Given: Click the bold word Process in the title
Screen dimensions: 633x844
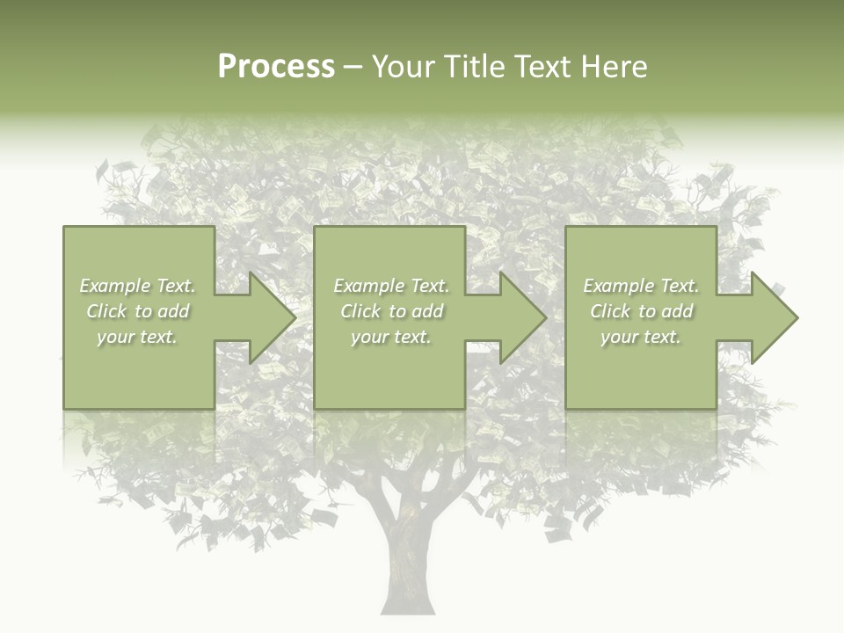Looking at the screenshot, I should [x=276, y=67].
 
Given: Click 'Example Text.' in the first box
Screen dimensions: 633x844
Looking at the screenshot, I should [x=137, y=286].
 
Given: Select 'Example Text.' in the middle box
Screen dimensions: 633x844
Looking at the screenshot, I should [x=391, y=286].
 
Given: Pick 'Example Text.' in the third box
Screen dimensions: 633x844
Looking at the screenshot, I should [x=641, y=286].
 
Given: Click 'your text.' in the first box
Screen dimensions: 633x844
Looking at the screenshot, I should [x=137, y=337].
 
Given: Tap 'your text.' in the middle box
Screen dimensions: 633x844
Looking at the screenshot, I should [x=391, y=337].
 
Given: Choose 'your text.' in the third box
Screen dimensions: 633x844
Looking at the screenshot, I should [x=641, y=337].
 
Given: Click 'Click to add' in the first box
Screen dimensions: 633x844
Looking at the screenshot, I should [x=137, y=311].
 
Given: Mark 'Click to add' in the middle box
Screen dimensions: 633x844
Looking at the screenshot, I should [x=391, y=311].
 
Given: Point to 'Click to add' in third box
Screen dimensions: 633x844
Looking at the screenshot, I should [x=641, y=311].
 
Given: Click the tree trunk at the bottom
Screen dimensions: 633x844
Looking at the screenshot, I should [x=407, y=571].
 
